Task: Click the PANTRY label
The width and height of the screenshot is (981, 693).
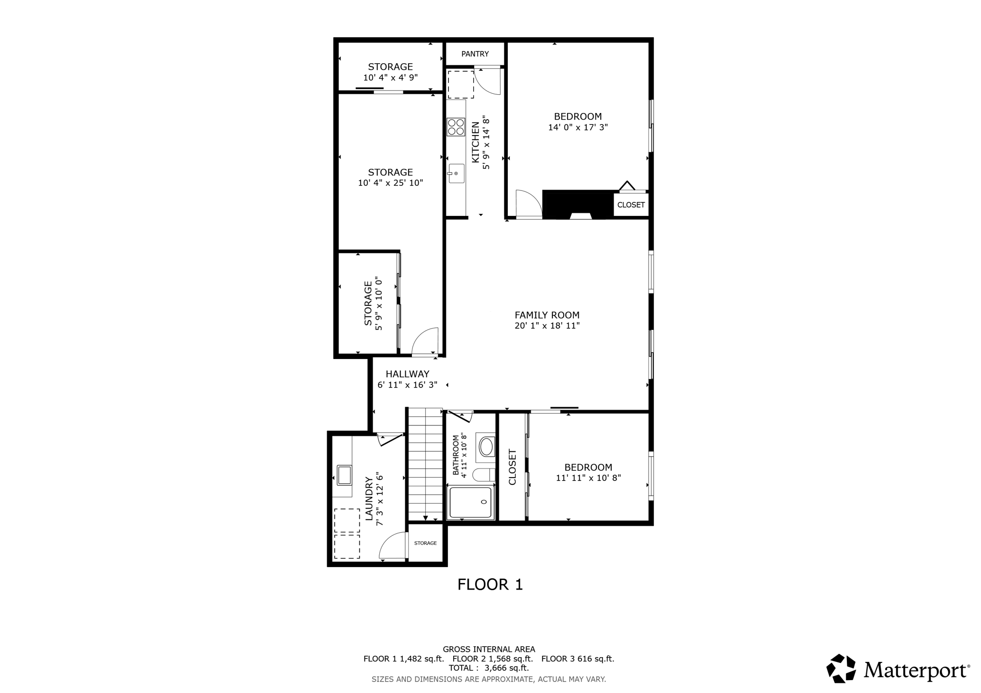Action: [x=475, y=54]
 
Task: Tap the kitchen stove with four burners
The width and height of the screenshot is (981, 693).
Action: [x=456, y=127]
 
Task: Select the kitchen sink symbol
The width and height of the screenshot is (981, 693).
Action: [x=456, y=173]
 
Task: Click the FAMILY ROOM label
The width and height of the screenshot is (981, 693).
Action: [x=547, y=315]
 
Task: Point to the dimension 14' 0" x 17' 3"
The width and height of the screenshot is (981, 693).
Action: [x=578, y=128]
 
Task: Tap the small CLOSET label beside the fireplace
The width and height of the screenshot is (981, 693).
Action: [x=630, y=205]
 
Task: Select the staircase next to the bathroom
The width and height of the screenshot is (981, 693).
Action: [x=425, y=463]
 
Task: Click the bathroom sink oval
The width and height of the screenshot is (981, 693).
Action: [x=487, y=447]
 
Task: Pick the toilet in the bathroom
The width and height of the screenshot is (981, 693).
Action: [x=483, y=475]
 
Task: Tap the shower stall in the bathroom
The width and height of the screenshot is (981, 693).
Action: [x=470, y=503]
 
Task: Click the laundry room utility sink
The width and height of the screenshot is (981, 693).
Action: [x=343, y=475]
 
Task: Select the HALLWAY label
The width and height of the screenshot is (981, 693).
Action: [x=407, y=374]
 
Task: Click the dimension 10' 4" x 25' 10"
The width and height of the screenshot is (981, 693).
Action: [x=390, y=183]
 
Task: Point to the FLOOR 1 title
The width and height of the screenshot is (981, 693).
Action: [x=490, y=584]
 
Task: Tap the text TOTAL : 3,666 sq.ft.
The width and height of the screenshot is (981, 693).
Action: [x=489, y=668]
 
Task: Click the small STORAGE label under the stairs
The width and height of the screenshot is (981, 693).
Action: [x=425, y=543]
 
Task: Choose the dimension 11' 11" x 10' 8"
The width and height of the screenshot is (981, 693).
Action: [x=588, y=478]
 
